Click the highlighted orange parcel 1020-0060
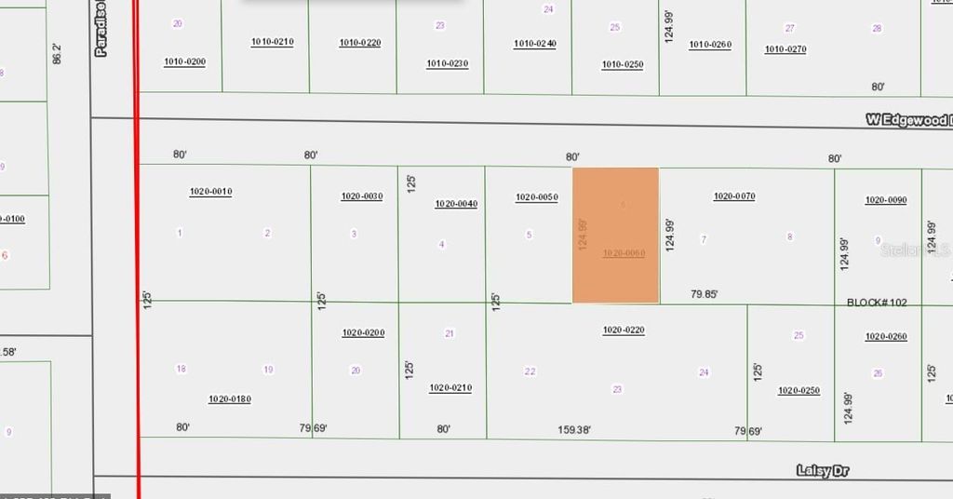(x=615, y=235)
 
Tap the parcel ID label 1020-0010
(x=210, y=192)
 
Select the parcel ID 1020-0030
(x=362, y=196)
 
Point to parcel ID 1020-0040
(x=456, y=204)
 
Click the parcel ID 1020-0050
(x=537, y=197)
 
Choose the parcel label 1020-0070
(x=734, y=196)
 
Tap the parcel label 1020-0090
(x=886, y=200)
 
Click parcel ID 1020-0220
(x=624, y=330)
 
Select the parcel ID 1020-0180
(x=230, y=399)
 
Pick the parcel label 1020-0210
(x=450, y=388)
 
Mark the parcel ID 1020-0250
(x=799, y=391)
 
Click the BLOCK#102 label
(x=877, y=303)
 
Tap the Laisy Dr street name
(x=823, y=471)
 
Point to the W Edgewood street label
(x=907, y=120)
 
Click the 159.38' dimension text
(x=574, y=430)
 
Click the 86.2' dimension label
(x=58, y=53)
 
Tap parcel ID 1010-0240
(x=535, y=44)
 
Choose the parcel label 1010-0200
(x=184, y=62)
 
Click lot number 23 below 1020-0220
(x=617, y=389)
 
